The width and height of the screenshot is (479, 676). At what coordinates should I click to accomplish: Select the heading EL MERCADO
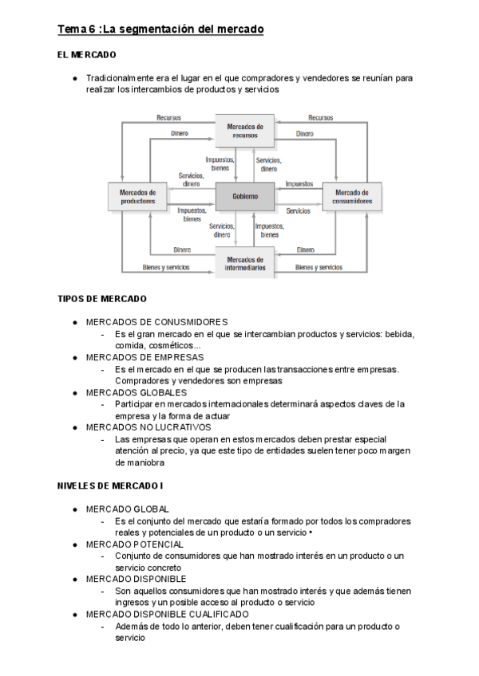(x=87, y=55)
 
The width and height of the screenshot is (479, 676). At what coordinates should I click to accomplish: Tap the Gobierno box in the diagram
(x=245, y=195)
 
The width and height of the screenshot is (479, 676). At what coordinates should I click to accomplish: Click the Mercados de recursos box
(x=245, y=131)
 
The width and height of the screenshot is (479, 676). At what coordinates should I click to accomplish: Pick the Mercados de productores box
(x=137, y=196)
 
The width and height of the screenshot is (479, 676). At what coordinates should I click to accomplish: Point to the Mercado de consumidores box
(x=352, y=196)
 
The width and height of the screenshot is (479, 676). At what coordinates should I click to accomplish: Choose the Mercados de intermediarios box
(x=245, y=262)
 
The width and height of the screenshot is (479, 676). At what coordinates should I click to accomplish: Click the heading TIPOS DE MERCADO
(x=102, y=299)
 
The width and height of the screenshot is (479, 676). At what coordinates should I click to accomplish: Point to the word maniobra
(x=140, y=462)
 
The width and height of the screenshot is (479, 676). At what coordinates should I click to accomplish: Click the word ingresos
(x=133, y=602)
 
